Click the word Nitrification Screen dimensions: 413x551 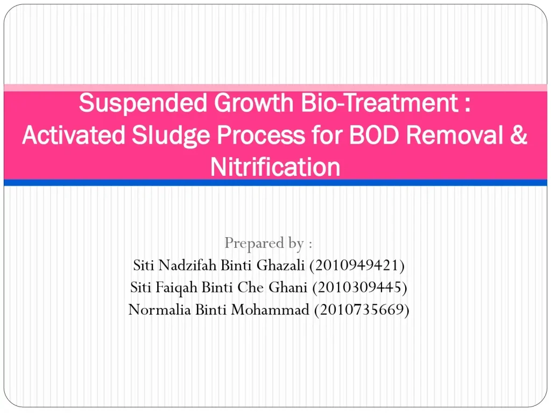(275, 167)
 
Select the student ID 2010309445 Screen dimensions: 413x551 (359, 288)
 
